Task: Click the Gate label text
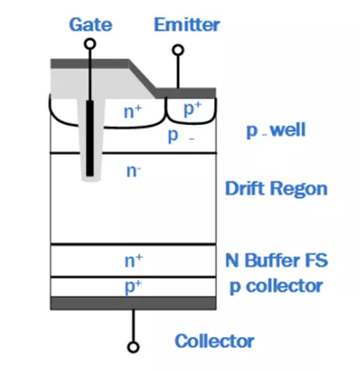(90, 24)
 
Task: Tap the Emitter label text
(187, 24)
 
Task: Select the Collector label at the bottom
(215, 340)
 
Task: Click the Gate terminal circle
(90, 44)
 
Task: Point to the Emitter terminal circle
(178, 50)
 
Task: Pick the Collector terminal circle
(133, 347)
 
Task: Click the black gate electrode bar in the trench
(90, 138)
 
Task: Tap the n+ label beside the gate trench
(133, 112)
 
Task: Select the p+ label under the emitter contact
(192, 109)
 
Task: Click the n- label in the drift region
(133, 171)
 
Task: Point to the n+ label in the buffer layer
(134, 261)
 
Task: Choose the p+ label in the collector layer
(134, 286)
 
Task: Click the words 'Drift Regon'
(277, 188)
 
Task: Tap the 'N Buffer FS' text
(277, 260)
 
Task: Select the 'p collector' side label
(277, 287)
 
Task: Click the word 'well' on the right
(288, 129)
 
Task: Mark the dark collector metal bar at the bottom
(133, 303)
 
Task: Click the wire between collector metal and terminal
(133, 326)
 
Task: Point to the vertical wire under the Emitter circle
(178, 72)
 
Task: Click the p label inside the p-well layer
(173, 135)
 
